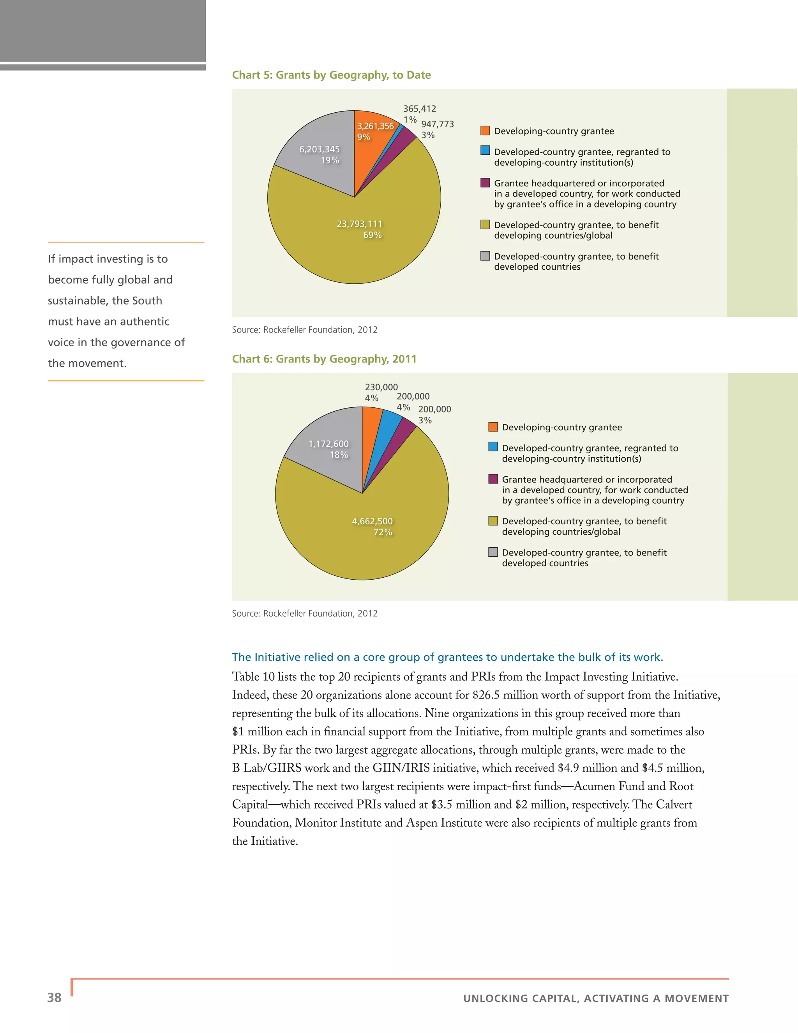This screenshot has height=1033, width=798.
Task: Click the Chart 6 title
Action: pyautogui.click(x=324, y=359)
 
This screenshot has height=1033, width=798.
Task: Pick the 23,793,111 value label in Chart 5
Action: pyautogui.click(x=359, y=224)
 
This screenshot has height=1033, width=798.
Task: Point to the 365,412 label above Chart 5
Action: pyautogui.click(x=419, y=109)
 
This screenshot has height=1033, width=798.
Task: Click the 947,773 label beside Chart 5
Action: pyautogui.click(x=437, y=124)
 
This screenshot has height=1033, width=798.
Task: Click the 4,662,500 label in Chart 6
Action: pyautogui.click(x=372, y=521)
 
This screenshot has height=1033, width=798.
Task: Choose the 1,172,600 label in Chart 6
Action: pyautogui.click(x=328, y=444)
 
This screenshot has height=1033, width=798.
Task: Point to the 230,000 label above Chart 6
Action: pyautogui.click(x=381, y=387)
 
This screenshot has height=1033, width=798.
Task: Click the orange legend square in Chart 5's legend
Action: pyautogui.click(x=485, y=131)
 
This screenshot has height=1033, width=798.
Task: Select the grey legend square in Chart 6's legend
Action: pyautogui.click(x=493, y=552)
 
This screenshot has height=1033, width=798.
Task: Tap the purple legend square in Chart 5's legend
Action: pyautogui.click(x=485, y=182)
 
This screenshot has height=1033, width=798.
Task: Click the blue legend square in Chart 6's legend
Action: pyautogui.click(x=493, y=446)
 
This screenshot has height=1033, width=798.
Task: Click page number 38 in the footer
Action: pyautogui.click(x=55, y=998)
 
